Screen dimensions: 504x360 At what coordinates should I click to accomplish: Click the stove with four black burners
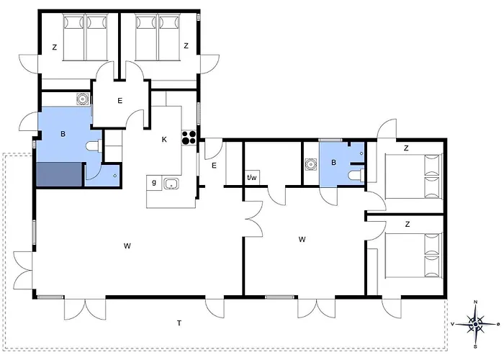click(189, 138)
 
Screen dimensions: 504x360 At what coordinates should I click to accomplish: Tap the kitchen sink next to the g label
click(171, 184)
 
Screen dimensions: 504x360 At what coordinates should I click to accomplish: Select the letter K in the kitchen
click(164, 140)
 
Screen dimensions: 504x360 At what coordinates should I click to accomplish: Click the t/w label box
click(252, 177)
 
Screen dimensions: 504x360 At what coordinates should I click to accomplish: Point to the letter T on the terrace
click(179, 323)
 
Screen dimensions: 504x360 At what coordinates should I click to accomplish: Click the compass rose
click(475, 324)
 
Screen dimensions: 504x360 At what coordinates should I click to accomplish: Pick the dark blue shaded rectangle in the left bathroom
click(59, 174)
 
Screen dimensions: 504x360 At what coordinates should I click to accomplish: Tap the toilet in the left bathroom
click(94, 146)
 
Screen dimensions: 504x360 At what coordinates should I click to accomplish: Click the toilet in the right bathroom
click(356, 176)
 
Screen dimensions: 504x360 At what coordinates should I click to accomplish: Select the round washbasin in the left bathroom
click(83, 99)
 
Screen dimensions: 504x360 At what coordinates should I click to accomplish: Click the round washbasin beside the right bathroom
click(311, 164)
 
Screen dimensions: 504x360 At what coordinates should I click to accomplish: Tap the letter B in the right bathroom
click(333, 163)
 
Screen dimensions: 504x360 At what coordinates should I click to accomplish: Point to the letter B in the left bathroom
click(63, 134)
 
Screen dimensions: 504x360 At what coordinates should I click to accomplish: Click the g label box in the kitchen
click(154, 183)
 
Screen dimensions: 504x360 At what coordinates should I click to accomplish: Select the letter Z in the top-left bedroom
click(55, 48)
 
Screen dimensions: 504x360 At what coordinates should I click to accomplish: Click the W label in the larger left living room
click(127, 246)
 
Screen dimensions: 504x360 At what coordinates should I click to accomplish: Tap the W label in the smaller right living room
click(302, 240)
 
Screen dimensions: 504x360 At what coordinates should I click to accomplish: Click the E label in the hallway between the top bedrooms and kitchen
click(120, 101)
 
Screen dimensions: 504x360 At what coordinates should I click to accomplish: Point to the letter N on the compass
click(476, 302)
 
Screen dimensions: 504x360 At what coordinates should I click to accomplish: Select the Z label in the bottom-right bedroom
click(408, 225)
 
